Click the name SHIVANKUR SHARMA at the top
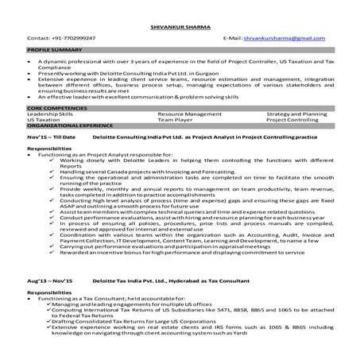pyautogui.click(x=179, y=25)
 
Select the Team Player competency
pyautogui.click(x=175, y=118)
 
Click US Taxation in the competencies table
pyautogui.click(x=45, y=118)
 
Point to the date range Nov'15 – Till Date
pyautogui.click(x=51, y=137)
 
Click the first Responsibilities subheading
pyautogui.click(x=53, y=149)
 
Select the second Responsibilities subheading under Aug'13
pyautogui.click(x=53, y=292)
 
